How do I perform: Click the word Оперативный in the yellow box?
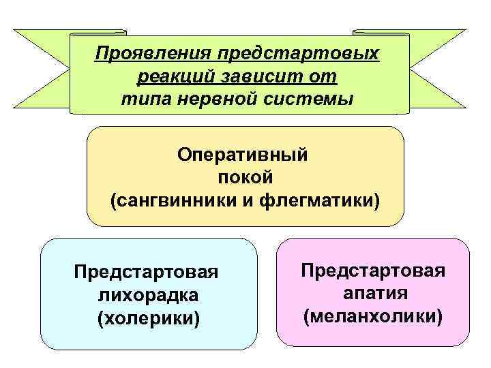coord(243,155)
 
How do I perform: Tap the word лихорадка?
coord(147,295)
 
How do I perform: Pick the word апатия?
coord(373,294)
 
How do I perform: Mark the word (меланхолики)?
coord(373,317)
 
